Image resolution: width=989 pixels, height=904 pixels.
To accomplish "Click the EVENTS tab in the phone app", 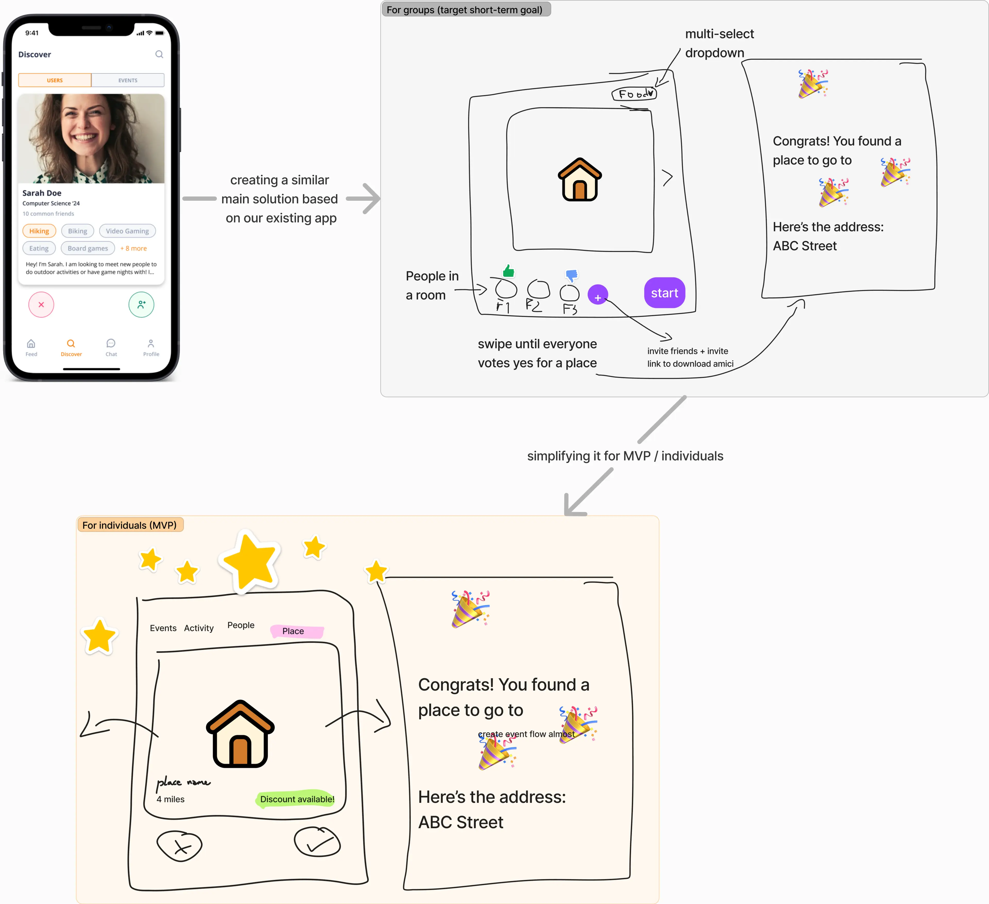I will point(127,80).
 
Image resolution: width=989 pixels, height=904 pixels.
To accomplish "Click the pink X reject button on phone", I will point(41,305).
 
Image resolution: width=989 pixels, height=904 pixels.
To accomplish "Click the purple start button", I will point(664,293).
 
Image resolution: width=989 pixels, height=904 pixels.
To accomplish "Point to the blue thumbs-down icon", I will point(572,275).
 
